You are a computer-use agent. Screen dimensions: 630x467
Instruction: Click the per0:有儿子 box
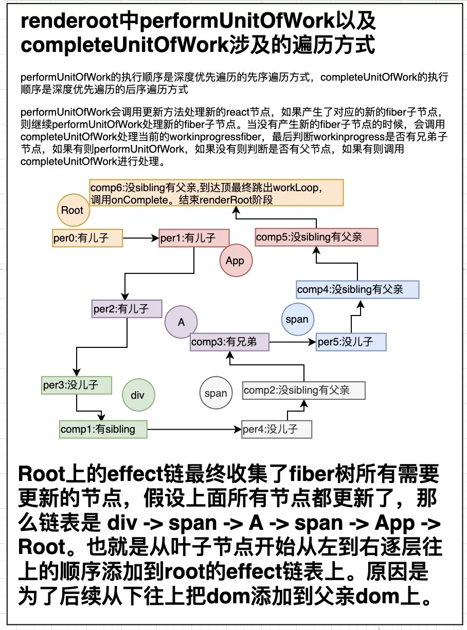[x=87, y=238]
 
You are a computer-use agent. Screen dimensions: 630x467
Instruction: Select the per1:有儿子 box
[x=187, y=238]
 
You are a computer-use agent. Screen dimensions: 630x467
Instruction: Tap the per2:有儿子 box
[x=127, y=309]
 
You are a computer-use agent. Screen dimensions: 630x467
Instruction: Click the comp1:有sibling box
[x=103, y=429]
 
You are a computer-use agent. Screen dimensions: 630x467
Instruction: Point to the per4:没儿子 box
[x=277, y=429]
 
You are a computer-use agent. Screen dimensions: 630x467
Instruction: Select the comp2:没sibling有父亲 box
[x=303, y=391]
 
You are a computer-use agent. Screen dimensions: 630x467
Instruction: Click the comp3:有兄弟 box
[x=229, y=342]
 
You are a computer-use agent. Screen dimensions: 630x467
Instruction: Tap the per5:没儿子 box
[x=351, y=342]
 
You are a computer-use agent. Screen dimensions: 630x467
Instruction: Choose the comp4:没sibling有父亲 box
[x=357, y=289]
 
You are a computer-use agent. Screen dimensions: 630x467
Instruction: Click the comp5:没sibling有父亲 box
[x=316, y=237]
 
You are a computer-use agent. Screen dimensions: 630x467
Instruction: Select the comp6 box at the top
[x=216, y=193]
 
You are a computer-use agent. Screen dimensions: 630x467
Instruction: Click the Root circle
[x=72, y=210]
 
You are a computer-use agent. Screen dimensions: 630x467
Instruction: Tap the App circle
[x=235, y=261]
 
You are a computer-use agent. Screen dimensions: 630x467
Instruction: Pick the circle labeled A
[x=181, y=322]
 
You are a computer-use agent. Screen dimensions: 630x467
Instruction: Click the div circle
[x=138, y=395]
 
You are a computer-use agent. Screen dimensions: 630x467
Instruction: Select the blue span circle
[x=297, y=319]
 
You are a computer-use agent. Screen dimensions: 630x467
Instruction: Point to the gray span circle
[x=215, y=393]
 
